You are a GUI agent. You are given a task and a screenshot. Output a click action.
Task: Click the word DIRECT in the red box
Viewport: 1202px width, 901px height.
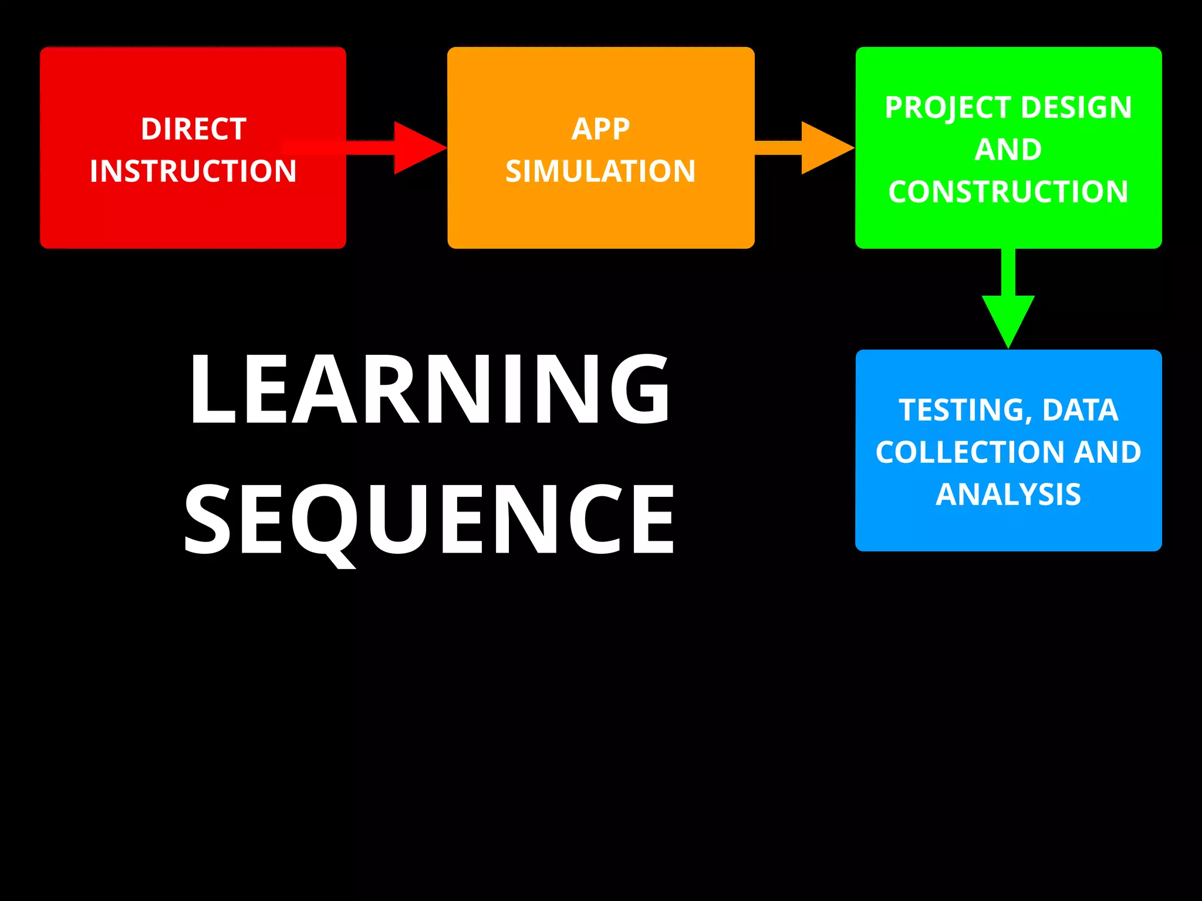193,129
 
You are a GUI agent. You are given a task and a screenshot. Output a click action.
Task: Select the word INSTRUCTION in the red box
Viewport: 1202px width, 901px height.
193,171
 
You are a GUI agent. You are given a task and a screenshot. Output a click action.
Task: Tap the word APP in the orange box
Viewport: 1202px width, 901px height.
600,129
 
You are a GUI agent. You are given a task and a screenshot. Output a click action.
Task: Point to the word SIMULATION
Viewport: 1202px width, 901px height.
600,171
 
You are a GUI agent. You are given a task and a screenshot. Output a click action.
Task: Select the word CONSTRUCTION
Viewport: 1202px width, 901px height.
1008,192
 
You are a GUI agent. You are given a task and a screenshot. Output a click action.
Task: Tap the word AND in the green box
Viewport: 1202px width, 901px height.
1008,150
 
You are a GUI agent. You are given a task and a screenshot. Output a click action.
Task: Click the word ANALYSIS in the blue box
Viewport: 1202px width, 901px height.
1008,494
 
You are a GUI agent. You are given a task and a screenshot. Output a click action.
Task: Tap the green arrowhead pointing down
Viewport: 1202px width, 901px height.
1008,320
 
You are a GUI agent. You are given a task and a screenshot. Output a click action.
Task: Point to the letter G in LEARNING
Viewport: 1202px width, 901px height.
640,388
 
